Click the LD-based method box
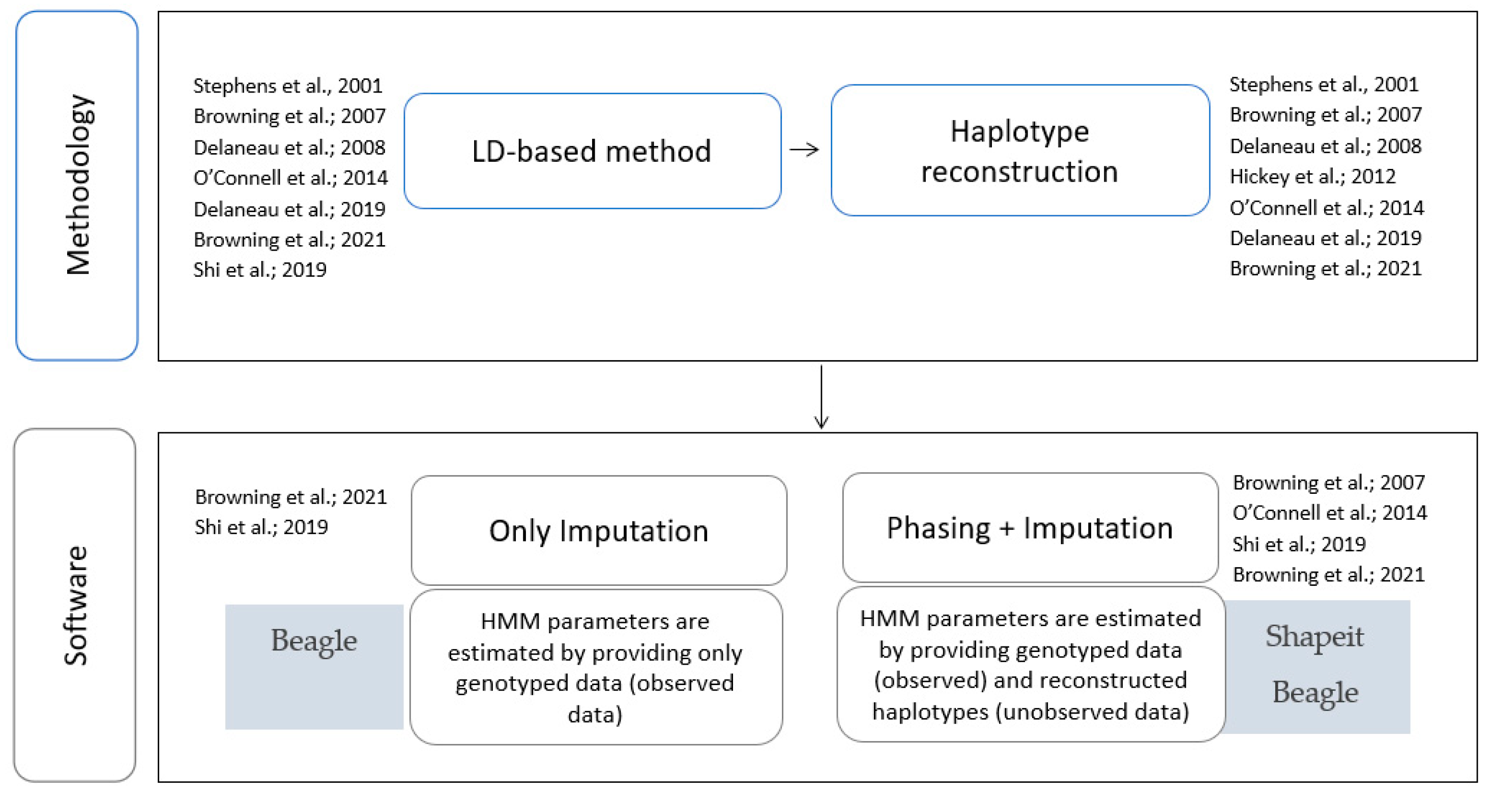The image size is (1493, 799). pos(592,151)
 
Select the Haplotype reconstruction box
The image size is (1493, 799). pos(1019,151)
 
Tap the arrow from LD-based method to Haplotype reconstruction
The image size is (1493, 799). pos(804,150)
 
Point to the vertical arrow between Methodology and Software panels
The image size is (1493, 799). pos(821,397)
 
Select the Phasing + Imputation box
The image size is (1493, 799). pos(1030,528)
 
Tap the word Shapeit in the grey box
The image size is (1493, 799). pos(1314,636)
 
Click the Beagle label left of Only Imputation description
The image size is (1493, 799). pos(313,641)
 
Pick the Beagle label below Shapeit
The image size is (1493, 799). pos(1314,692)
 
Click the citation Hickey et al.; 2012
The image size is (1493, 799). pos(1312,176)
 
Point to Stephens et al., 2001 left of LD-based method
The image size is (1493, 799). pos(287,86)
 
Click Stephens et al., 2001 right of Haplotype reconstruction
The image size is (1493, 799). pos(1324,84)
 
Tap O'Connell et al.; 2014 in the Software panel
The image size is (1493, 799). pos(1329,513)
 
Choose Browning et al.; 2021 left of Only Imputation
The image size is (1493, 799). pos(290,497)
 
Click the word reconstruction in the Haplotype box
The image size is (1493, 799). pos(1019,172)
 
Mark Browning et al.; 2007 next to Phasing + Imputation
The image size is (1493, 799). pos(1328,483)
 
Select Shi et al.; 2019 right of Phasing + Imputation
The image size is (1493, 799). pos(1298,544)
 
